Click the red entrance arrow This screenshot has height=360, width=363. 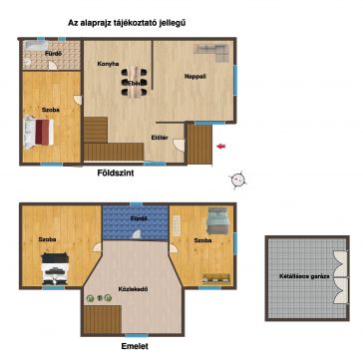click(221, 146)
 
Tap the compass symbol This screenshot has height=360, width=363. click(238, 180)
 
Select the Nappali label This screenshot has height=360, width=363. click(195, 76)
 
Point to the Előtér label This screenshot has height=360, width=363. click(157, 138)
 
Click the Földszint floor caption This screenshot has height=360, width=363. click(116, 173)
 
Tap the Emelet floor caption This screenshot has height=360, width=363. click(135, 346)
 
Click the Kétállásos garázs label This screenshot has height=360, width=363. click(304, 276)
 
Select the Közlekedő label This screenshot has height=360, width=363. click(133, 289)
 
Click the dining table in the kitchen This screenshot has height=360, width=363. click(134, 82)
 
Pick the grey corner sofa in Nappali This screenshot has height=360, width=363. click(212, 52)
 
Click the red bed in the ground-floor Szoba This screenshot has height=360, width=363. click(39, 132)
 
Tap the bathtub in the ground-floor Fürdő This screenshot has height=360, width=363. click(36, 46)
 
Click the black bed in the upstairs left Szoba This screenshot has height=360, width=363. click(55, 269)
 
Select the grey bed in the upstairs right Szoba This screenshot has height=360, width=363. click(217, 221)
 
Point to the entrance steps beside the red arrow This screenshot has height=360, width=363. click(200, 145)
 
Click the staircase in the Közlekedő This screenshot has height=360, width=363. click(103, 319)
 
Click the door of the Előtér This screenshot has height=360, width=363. click(179, 145)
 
